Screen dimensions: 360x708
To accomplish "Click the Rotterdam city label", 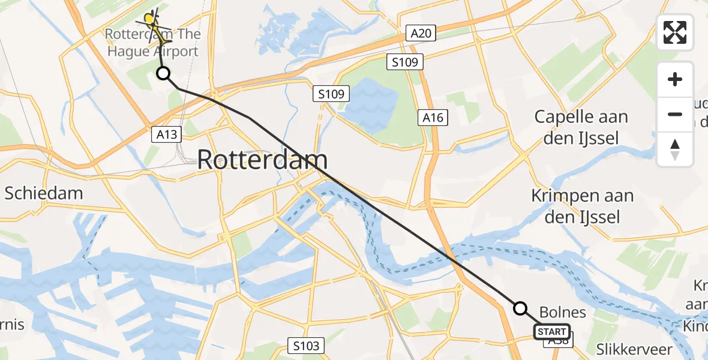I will coord(262,160).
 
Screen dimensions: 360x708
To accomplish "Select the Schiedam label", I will coord(44,193).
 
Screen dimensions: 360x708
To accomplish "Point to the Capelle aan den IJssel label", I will coord(581,127).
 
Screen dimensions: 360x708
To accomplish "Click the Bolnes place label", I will coord(562,312).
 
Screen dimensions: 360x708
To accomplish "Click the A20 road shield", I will coord(420,33).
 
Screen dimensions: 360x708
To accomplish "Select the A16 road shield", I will coord(433,118).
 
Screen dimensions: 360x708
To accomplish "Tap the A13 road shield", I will coord(166,134).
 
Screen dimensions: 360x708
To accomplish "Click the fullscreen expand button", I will coord(675,32).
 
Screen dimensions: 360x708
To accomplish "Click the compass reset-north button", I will coord(675,149).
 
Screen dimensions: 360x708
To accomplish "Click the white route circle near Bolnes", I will coord(520,308).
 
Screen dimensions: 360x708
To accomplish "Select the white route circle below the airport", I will coord(163,74).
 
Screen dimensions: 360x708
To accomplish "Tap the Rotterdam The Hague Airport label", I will coord(152,42).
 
